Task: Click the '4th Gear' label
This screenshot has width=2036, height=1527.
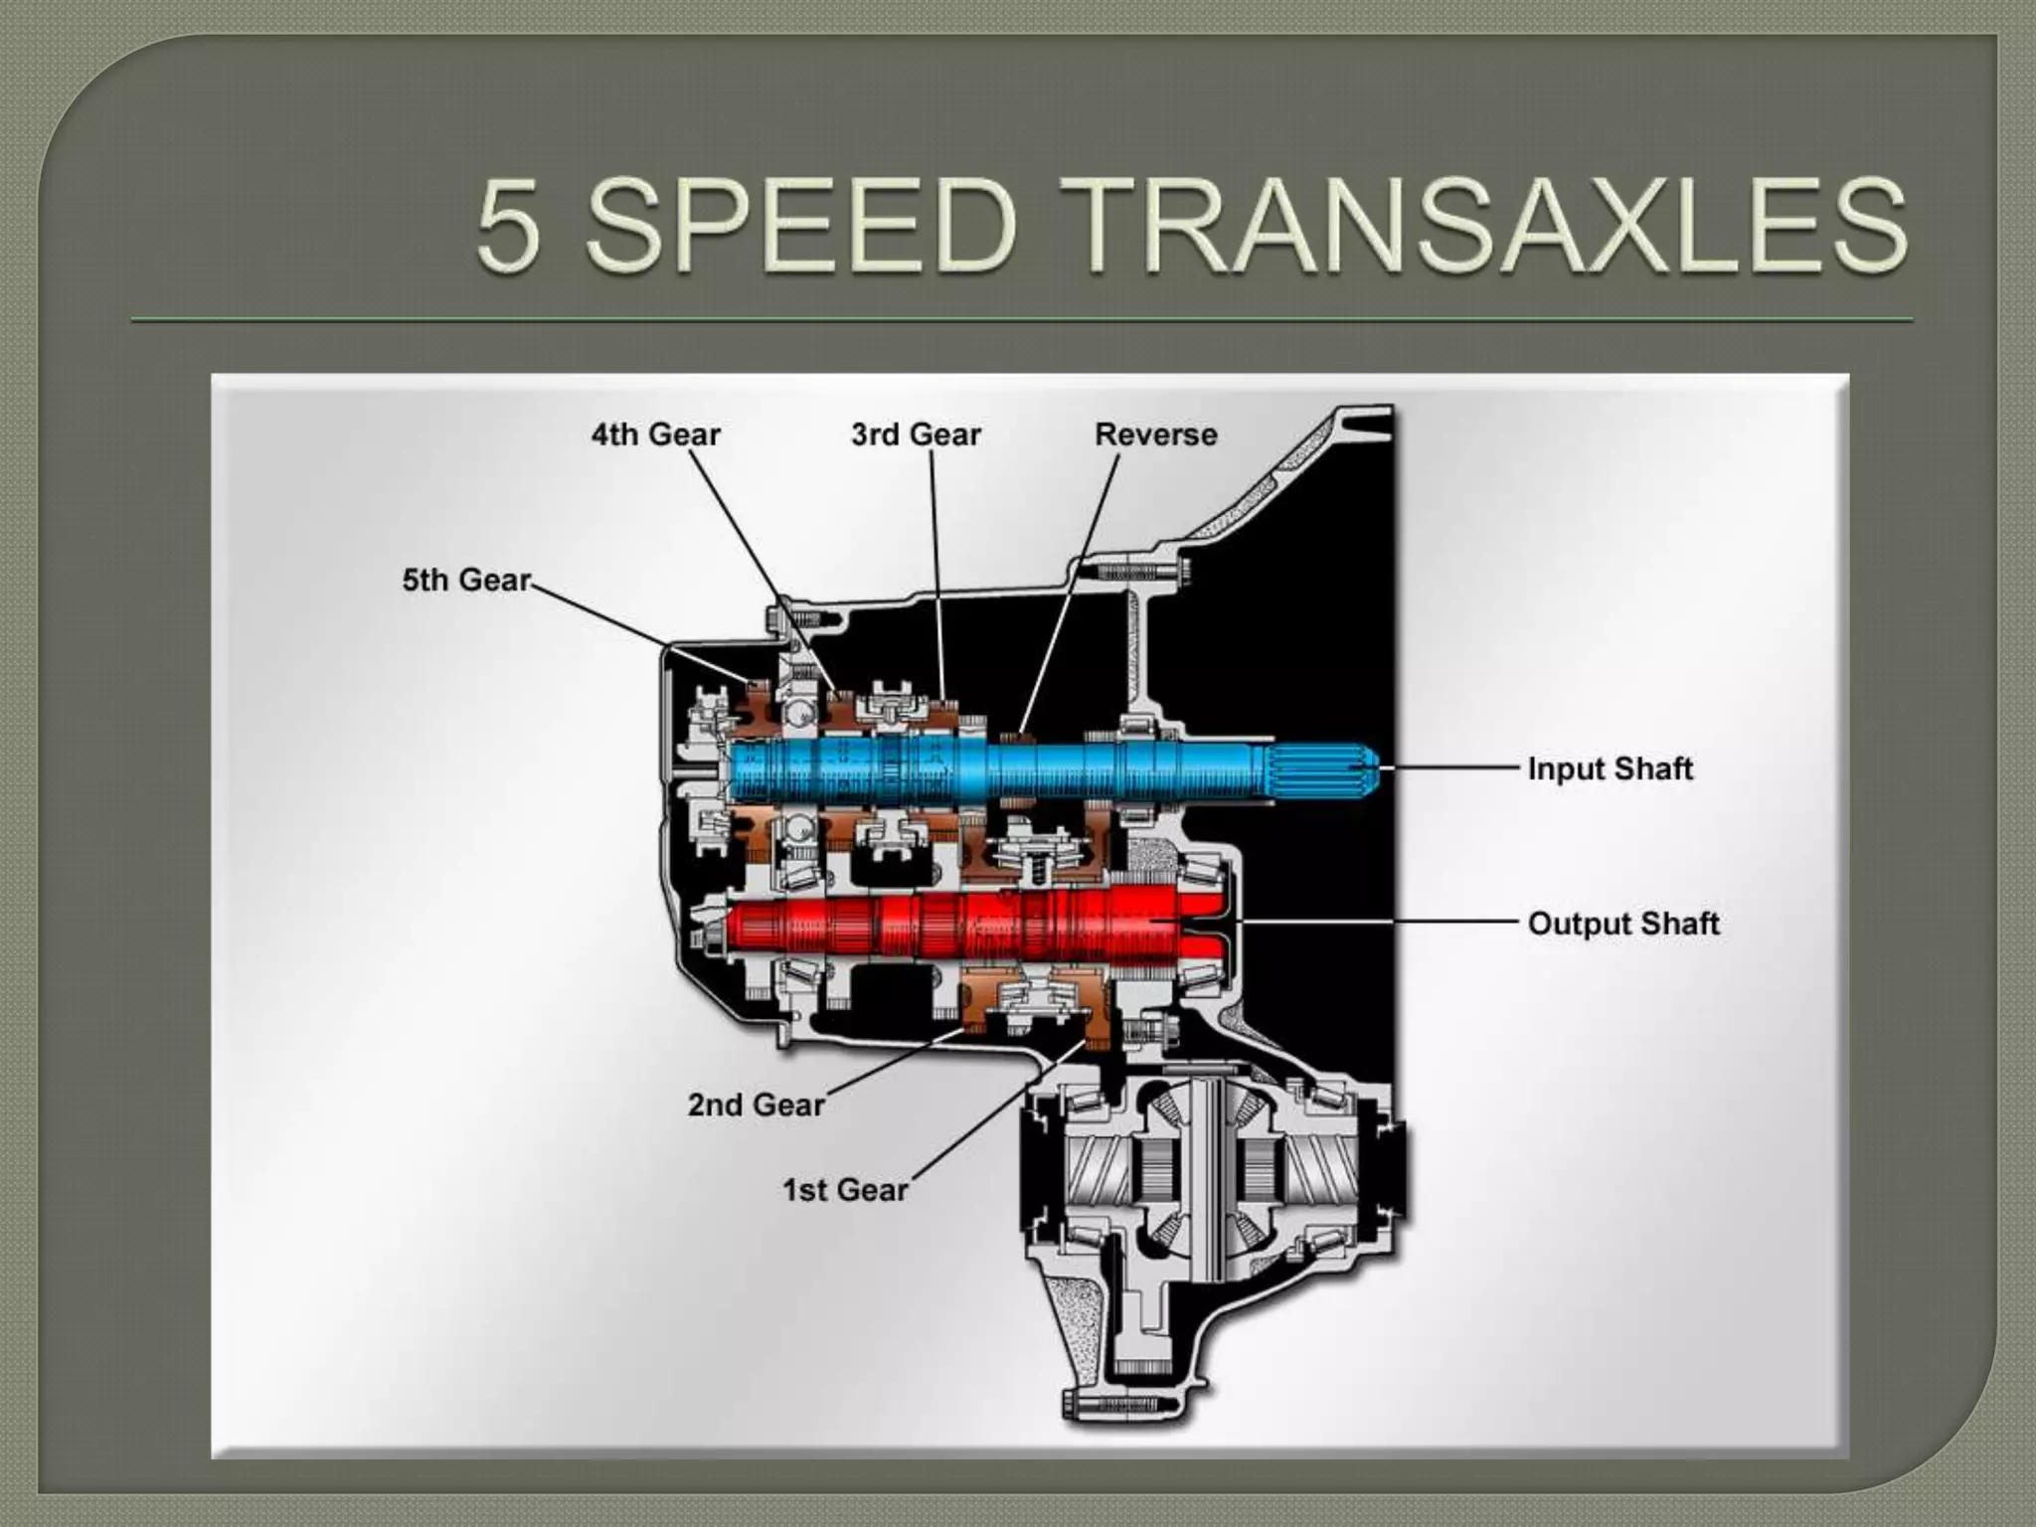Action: pyautogui.click(x=655, y=434)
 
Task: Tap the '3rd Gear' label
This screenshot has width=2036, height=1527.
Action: pyautogui.click(x=916, y=434)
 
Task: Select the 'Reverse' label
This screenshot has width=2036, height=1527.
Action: pyautogui.click(x=1155, y=434)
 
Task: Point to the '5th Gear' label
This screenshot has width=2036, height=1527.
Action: pyautogui.click(x=465, y=580)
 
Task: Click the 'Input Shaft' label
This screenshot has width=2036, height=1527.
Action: pyautogui.click(x=1610, y=768)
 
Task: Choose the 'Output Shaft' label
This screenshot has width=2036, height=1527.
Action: pyautogui.click(x=1622, y=924)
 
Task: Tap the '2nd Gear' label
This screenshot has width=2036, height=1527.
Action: pyautogui.click(x=756, y=1104)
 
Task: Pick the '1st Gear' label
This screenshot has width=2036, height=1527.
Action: pyautogui.click(x=845, y=1190)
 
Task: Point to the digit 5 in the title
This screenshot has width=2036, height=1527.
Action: pyautogui.click(x=509, y=227)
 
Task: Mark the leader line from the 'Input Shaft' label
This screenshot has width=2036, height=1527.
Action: pyautogui.click(x=1451, y=768)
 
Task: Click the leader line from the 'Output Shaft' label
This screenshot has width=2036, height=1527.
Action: pyautogui.click(x=1382, y=923)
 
